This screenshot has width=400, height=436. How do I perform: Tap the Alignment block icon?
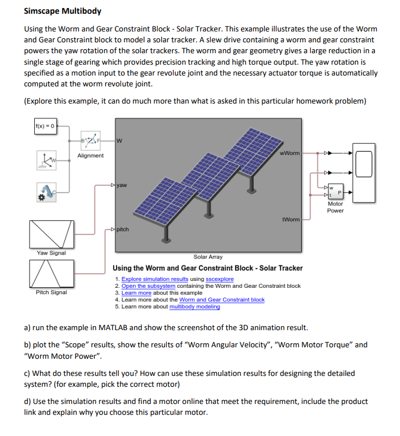pyautogui.click(x=90, y=138)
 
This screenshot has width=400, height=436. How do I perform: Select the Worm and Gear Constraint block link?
pyautogui.click(x=222, y=299)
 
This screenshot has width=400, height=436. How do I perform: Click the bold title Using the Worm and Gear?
pyautogui.click(x=208, y=268)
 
